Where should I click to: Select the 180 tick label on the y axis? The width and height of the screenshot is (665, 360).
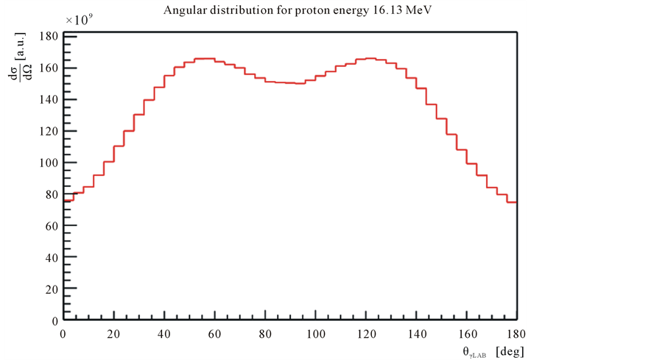(x=48, y=37)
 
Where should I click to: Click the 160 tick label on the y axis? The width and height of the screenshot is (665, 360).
(x=48, y=68)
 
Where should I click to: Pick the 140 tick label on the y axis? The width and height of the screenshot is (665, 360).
(x=48, y=100)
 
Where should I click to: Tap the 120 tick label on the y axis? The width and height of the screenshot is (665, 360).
(x=48, y=132)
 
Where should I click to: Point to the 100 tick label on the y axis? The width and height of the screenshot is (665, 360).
(x=48, y=163)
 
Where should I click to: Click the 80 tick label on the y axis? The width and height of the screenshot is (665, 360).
(x=51, y=195)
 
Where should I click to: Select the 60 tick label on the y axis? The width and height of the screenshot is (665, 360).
(x=51, y=227)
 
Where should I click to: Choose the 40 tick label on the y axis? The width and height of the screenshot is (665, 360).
(x=51, y=258)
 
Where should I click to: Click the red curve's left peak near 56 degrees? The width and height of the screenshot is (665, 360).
(x=204, y=58)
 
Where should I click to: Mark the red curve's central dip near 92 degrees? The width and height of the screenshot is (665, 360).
(x=295, y=83)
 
